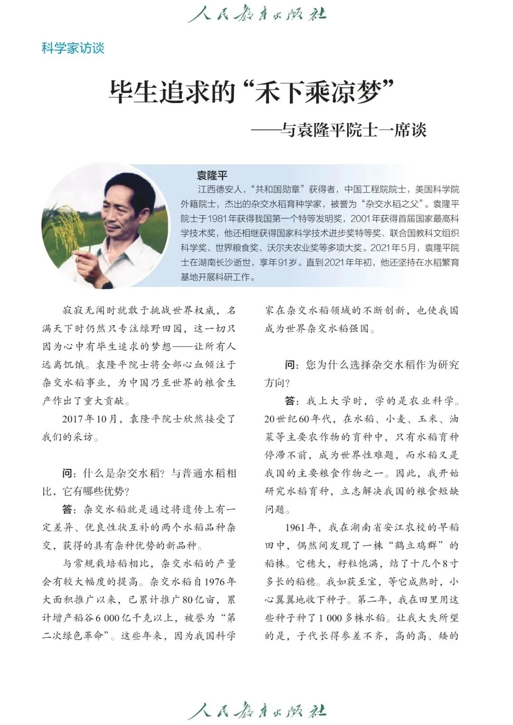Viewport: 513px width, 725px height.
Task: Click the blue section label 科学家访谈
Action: (73, 48)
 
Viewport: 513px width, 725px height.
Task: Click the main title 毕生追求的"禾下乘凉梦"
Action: (252, 91)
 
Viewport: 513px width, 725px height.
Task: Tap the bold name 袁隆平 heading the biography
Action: (212, 175)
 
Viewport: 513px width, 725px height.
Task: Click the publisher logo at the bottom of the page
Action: (257, 711)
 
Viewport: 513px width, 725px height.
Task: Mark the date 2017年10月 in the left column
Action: (89, 419)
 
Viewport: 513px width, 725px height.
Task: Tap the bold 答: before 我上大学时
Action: (292, 401)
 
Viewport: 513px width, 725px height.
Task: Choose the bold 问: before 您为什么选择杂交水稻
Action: (292, 365)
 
